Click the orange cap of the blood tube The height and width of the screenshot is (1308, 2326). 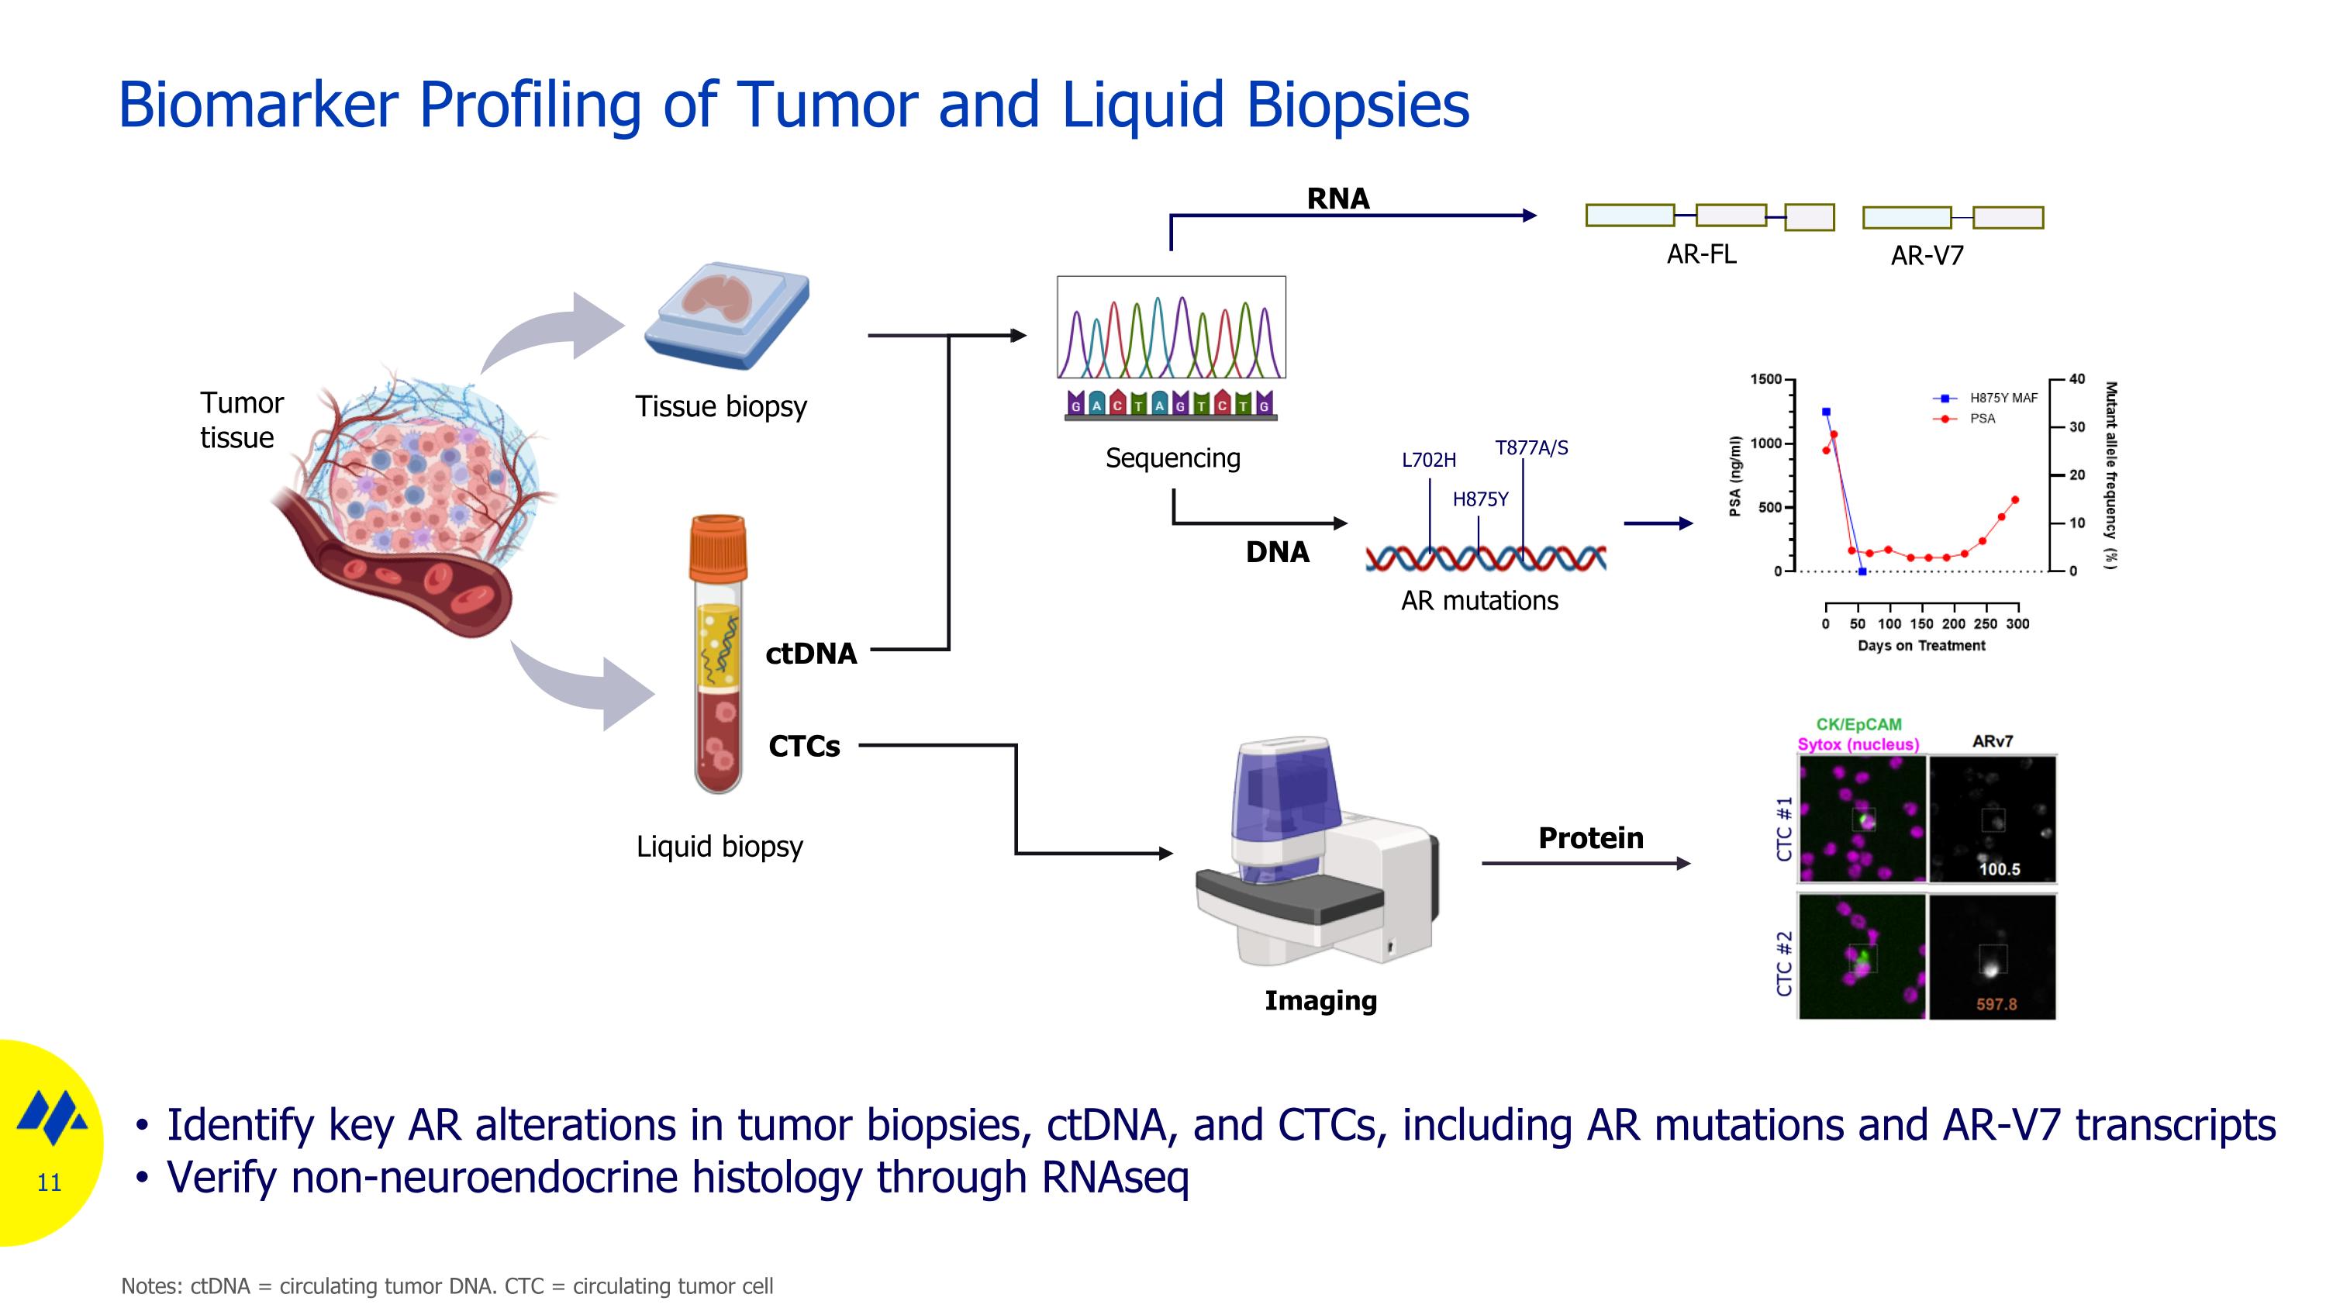coord(718,547)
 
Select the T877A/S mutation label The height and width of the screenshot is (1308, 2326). coord(1531,447)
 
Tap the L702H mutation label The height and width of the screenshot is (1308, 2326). coord(1428,461)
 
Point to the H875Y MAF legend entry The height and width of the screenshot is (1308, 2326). coord(2002,398)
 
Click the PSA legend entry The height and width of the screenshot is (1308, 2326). coord(1982,419)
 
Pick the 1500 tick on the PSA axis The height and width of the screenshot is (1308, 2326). coord(1765,379)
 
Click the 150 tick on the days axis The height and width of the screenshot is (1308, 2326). coord(1921,623)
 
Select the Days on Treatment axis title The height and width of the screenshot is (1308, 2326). coord(1921,645)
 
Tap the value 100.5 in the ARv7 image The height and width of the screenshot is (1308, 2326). coord(1999,869)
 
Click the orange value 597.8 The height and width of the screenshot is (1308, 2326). coord(1996,1004)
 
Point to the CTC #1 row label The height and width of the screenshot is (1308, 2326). coord(1783,828)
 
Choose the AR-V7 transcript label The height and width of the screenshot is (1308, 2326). coord(1927,257)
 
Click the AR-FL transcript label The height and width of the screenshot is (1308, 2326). coord(1701,254)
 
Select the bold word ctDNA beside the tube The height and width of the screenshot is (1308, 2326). coord(811,654)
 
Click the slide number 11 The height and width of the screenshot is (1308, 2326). coord(49,1182)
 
